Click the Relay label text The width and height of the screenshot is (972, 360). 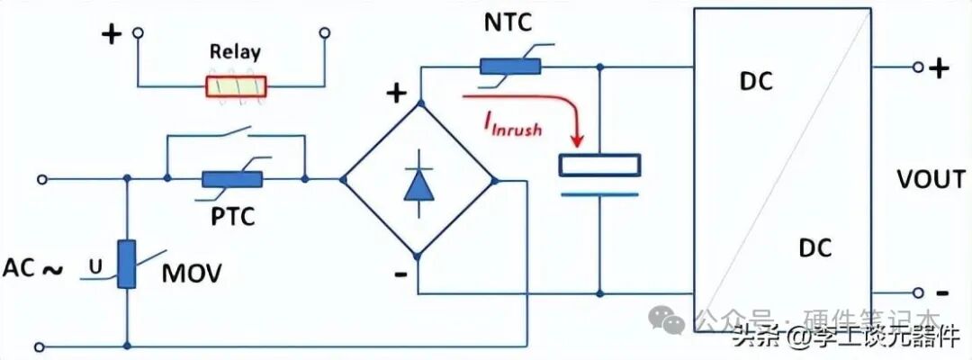click(235, 51)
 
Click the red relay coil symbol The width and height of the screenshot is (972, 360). click(236, 86)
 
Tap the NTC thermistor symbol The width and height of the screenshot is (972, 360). click(509, 66)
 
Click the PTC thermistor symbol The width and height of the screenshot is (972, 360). click(232, 179)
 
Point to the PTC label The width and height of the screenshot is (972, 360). click(233, 216)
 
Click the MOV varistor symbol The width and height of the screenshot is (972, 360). click(127, 264)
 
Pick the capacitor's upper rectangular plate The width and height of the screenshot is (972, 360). click(599, 166)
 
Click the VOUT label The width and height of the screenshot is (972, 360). click(931, 180)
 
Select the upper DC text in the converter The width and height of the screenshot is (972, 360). click(756, 81)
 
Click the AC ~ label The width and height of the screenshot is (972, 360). click(33, 268)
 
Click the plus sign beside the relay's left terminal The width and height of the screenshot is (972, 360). click(111, 35)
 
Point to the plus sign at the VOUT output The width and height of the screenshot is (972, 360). click(939, 67)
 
